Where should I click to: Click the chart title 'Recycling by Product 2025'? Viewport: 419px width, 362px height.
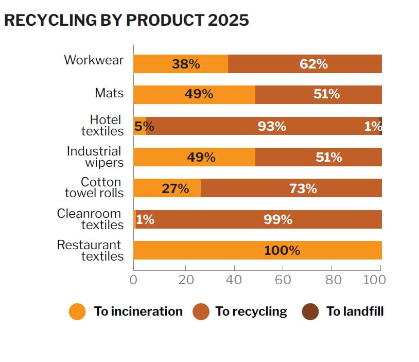(126, 20)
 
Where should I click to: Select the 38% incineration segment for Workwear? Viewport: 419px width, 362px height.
(180, 64)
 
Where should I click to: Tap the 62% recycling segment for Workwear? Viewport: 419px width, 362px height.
(305, 64)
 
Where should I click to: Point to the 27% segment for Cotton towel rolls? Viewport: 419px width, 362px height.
(167, 188)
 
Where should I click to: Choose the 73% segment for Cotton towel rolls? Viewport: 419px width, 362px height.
(291, 188)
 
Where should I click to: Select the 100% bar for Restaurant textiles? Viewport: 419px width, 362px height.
(257, 250)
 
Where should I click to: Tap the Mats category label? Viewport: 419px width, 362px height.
(109, 93)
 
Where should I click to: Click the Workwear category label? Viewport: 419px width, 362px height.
(94, 60)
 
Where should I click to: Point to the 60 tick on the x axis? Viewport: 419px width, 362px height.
(283, 280)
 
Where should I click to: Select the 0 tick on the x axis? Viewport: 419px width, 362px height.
(133, 280)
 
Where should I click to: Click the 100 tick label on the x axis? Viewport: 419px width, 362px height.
(374, 280)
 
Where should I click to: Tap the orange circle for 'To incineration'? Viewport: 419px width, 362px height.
(77, 312)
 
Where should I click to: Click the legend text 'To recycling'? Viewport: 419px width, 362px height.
(251, 312)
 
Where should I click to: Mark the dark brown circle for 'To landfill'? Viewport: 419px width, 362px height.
(310, 312)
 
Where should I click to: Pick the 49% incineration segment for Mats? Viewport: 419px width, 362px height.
(194, 95)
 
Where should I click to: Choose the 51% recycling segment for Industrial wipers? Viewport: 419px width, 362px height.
(319, 157)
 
